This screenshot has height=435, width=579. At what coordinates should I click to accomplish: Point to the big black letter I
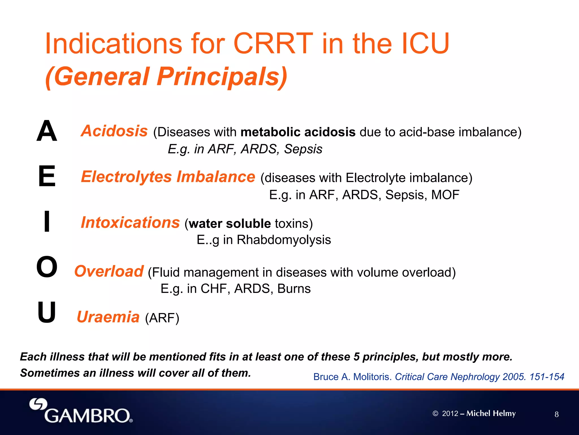click(47, 222)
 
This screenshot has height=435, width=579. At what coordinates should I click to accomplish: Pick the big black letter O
click(47, 267)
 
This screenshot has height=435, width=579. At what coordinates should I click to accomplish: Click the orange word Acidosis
click(114, 131)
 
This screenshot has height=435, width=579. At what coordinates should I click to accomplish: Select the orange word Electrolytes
click(126, 177)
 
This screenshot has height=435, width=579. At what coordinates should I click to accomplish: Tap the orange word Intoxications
click(130, 222)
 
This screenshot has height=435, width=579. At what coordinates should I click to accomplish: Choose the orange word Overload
click(109, 271)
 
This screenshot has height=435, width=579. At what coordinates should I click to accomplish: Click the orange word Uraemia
click(108, 317)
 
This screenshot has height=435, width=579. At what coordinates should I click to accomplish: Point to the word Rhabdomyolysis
click(284, 240)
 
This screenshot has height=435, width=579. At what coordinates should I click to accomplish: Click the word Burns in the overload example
click(294, 289)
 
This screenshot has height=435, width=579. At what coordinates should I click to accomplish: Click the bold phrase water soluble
click(230, 224)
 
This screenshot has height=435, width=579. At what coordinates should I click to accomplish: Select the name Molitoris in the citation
click(372, 377)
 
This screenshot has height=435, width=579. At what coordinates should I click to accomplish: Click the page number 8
click(556, 414)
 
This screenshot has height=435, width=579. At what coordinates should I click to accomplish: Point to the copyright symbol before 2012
click(435, 414)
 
